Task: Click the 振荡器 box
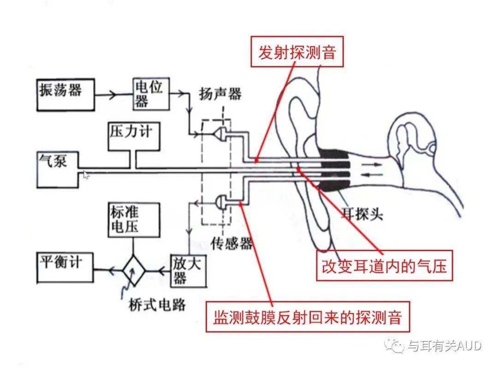click(x=65, y=95)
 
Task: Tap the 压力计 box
click(x=130, y=136)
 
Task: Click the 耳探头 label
click(x=362, y=214)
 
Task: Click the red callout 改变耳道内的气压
click(x=384, y=265)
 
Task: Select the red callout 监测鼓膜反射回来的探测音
click(x=307, y=317)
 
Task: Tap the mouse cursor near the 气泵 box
click(x=86, y=175)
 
